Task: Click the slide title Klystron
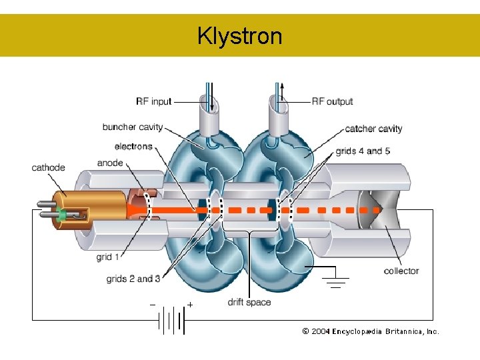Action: pyautogui.click(x=239, y=35)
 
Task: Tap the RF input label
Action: pyautogui.click(x=153, y=101)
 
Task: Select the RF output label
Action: pyautogui.click(x=332, y=101)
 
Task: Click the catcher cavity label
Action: pyautogui.click(x=373, y=129)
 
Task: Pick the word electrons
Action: pyautogui.click(x=133, y=147)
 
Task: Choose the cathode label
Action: pyautogui.click(x=48, y=167)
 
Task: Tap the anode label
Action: pyautogui.click(x=110, y=163)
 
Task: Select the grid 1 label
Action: pyautogui.click(x=108, y=257)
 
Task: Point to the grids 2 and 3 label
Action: pyautogui.click(x=133, y=279)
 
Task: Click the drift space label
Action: pyautogui.click(x=249, y=302)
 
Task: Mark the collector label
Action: pyautogui.click(x=401, y=271)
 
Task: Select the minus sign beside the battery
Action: pyautogui.click(x=153, y=305)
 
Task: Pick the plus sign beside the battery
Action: pyautogui.click(x=191, y=305)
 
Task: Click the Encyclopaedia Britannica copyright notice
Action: pyautogui.click(x=371, y=331)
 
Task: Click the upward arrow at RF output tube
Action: pyautogui.click(x=281, y=89)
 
